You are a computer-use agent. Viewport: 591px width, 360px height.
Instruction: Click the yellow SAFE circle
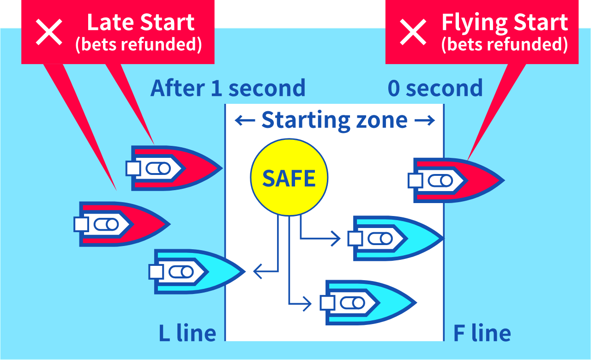coord(289,178)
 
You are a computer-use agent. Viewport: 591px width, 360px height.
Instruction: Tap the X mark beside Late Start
coord(49,32)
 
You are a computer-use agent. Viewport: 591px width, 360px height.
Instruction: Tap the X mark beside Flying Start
coord(413,32)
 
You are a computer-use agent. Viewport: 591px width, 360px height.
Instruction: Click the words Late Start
coord(141,23)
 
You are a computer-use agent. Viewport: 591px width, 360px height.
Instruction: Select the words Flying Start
coord(504,23)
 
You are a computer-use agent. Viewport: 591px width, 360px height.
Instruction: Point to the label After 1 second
coord(228,88)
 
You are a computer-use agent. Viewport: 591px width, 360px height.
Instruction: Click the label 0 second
coord(435,88)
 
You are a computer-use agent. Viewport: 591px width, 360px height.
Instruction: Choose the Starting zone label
coord(334,120)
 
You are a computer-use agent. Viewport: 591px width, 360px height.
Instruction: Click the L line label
coord(187,333)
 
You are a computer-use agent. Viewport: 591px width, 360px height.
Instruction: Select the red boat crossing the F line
coord(457,180)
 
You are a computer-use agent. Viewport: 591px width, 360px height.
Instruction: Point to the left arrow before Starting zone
coord(245,121)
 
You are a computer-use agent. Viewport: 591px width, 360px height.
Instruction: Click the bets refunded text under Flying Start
coord(504,45)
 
